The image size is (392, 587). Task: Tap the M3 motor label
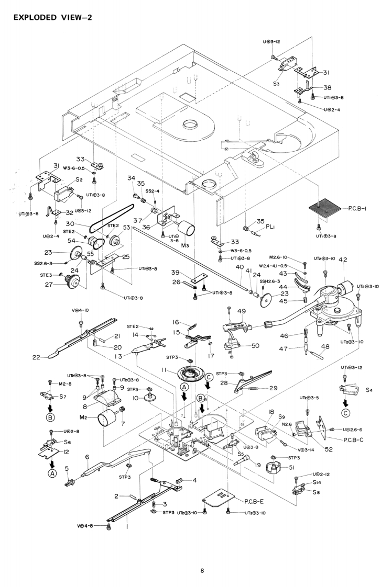(x=184, y=245)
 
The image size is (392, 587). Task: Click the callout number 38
(x=328, y=88)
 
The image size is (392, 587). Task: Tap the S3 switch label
(x=277, y=83)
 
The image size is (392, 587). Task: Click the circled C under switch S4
(x=345, y=412)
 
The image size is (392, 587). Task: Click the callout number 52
(x=329, y=449)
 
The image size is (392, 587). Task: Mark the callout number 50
(x=255, y=345)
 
